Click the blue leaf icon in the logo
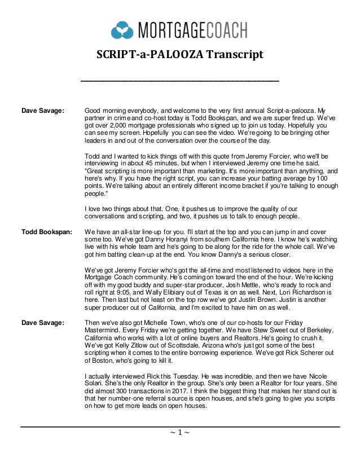(122, 28)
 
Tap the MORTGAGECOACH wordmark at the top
(190, 28)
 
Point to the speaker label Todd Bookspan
(43, 231)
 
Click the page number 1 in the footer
(180, 434)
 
